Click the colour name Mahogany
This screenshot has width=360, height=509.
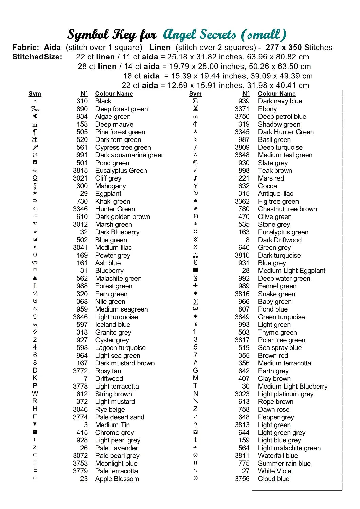pos(110,186)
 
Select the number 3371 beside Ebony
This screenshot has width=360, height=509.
pos(242,109)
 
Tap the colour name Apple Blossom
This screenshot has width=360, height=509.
pos(117,479)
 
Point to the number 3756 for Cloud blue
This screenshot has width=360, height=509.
pos(242,479)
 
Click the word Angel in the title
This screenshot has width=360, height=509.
pos(180,34)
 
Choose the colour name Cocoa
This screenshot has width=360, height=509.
pos(267,186)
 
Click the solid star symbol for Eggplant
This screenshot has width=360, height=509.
pos(35,193)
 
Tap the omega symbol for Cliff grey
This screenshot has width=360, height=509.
pos(35,178)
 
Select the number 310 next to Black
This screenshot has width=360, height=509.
pos(82,101)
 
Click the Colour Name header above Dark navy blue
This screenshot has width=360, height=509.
pos(276,94)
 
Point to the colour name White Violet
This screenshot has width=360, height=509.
pos(275,471)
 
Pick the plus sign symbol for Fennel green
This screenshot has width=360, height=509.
pos(195,286)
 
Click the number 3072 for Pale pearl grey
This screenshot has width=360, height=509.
pos(80,456)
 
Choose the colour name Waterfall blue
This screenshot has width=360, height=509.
pos(278,456)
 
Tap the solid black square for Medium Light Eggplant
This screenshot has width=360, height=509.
pos(195,270)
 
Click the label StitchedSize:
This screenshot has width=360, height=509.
pos(37,57)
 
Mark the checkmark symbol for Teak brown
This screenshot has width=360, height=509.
pos(195,170)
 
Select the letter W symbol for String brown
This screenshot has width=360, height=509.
pos(35,394)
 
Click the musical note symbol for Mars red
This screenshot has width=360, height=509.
pos(195,178)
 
